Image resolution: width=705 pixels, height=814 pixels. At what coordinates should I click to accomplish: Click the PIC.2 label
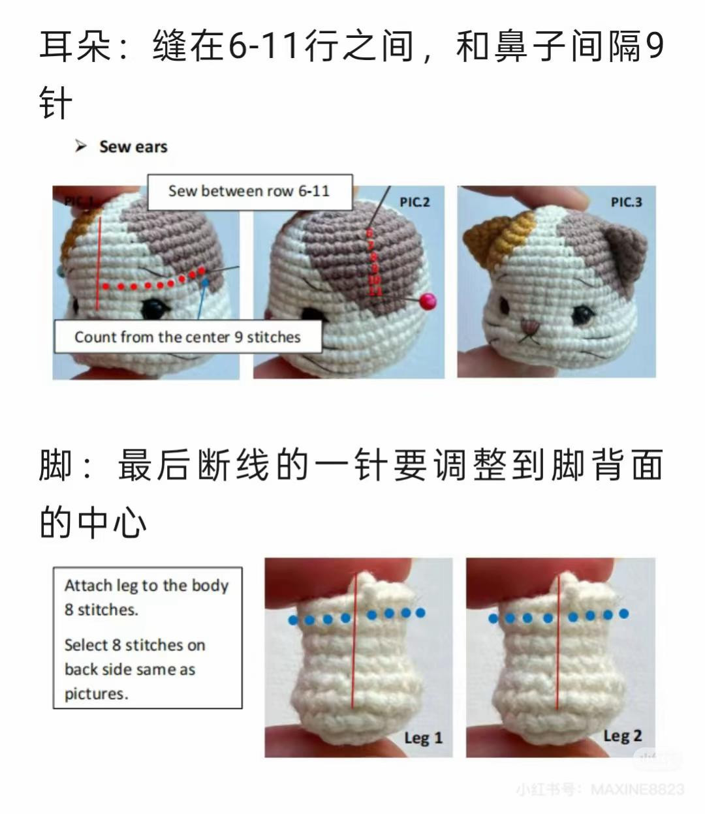(415, 202)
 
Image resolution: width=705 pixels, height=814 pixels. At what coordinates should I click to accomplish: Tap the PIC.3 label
(626, 202)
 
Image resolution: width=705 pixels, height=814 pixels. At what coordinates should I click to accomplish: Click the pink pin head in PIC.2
(428, 301)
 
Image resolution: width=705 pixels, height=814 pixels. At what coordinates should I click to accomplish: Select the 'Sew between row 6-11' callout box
(249, 192)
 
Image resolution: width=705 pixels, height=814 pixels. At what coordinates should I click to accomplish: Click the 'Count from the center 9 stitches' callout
(187, 337)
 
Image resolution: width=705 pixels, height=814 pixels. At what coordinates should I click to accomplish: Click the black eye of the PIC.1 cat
(154, 307)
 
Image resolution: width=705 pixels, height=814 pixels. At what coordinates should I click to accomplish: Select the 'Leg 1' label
(423, 738)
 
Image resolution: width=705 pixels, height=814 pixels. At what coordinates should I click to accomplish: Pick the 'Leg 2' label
(622, 736)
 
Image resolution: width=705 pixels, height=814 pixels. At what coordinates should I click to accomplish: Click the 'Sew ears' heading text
(133, 147)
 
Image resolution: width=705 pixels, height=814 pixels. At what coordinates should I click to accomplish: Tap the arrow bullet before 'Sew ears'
(81, 146)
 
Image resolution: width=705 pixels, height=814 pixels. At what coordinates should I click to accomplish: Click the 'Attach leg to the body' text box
(148, 638)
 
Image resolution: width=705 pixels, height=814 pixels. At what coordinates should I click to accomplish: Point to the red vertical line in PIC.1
(99, 261)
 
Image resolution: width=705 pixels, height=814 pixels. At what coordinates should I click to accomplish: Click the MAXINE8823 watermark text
(636, 790)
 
